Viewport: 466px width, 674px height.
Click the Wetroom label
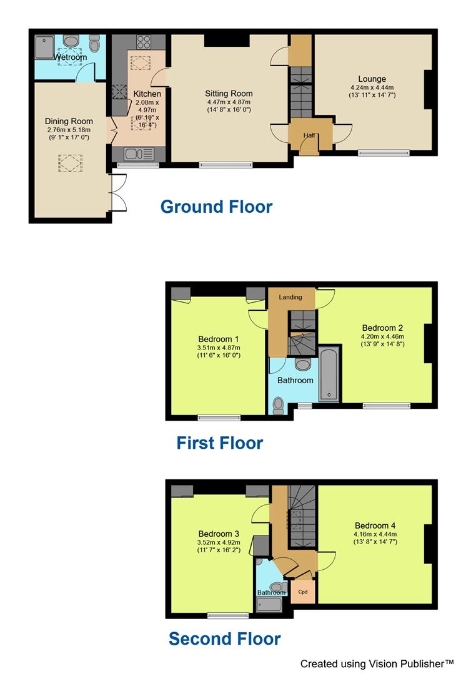70,57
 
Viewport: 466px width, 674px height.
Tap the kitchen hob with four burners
144,42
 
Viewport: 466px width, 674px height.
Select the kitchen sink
134,154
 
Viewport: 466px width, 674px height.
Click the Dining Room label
69,121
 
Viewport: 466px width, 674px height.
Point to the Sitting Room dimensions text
229,106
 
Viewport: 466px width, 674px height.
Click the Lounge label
372,79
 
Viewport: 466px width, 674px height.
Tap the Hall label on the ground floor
309,135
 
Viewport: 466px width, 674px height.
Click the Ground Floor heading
216,207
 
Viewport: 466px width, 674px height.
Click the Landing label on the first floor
290,297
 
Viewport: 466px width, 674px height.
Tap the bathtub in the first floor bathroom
328,375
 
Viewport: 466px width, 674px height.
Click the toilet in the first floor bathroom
279,406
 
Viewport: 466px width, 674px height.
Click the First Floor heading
219,443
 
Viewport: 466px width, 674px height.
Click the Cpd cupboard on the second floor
303,592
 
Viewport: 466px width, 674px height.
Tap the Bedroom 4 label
375,525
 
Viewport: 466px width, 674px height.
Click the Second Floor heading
224,638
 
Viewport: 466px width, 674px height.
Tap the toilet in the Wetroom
94,44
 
